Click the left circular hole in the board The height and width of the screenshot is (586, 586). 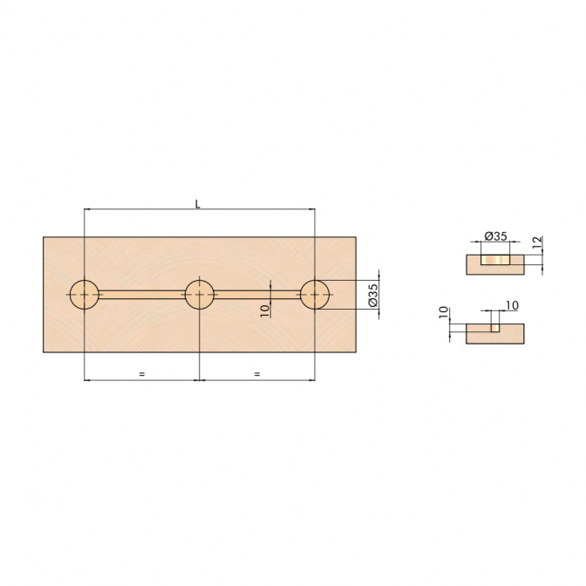(x=85, y=295)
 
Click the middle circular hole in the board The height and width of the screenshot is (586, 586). (x=200, y=295)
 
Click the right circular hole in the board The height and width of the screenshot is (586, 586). (x=315, y=295)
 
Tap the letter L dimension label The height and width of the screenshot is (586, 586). (x=198, y=204)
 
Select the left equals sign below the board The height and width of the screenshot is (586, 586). (x=141, y=373)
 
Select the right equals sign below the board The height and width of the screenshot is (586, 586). (x=256, y=373)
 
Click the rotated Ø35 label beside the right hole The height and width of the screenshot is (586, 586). (x=373, y=296)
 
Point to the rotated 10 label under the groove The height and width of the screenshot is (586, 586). (x=264, y=310)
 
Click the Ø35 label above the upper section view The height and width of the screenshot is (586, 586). (x=495, y=236)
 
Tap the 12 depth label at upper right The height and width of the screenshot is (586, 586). (x=536, y=242)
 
